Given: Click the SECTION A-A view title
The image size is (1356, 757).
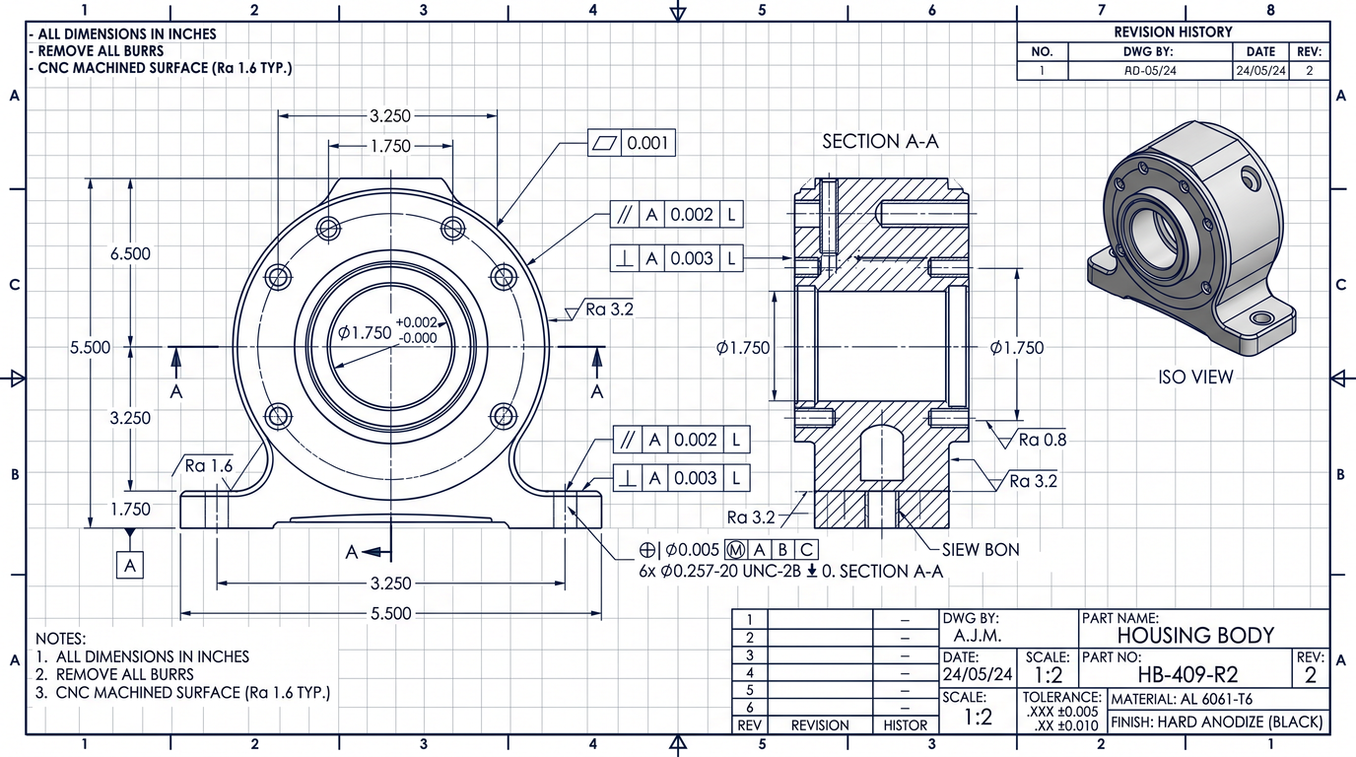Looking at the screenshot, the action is (880, 141).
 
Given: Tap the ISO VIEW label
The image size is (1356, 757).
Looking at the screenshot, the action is (1195, 377).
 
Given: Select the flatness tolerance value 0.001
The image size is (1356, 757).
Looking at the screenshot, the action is (647, 143).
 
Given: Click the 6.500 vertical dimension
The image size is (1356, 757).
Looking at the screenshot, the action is (130, 253).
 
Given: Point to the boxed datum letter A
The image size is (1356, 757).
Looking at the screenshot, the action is (130, 565).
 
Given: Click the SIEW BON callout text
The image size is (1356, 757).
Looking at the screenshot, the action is (981, 549).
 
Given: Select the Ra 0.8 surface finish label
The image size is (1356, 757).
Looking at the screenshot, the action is (1042, 439).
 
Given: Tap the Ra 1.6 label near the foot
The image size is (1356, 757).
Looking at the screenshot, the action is (208, 465).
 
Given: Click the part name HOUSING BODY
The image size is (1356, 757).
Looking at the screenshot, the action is (1195, 635).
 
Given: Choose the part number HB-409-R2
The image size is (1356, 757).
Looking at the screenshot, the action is (1187, 674).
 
